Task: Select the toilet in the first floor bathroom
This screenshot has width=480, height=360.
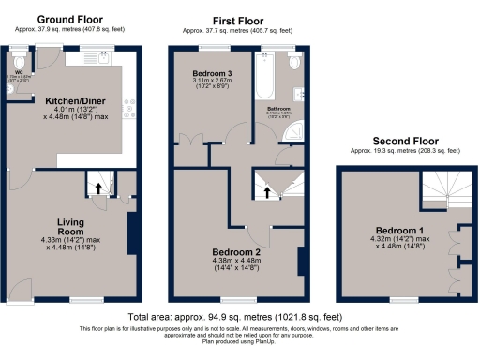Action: point(295,64)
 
